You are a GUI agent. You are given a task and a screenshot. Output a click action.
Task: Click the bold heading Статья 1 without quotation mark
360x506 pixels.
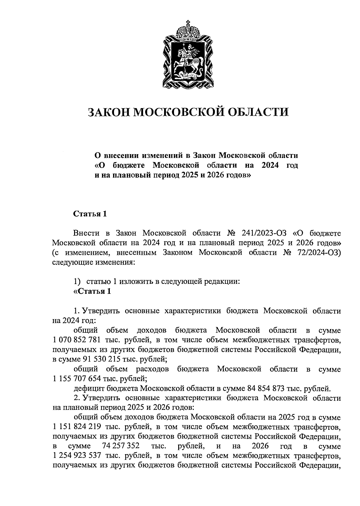pyautogui.click(x=90, y=214)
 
